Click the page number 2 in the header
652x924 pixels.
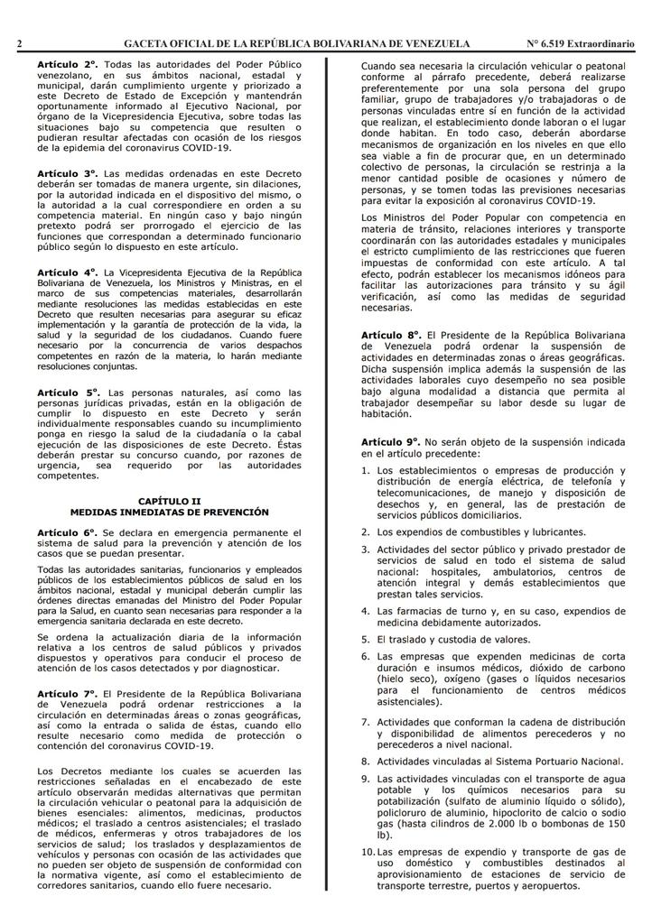[x=19, y=43]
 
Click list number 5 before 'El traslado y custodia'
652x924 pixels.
[x=365, y=639]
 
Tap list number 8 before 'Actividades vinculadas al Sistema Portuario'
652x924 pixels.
[x=365, y=761]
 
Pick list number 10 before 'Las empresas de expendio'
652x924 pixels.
[x=368, y=851]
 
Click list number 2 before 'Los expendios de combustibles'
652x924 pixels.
[x=365, y=531]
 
